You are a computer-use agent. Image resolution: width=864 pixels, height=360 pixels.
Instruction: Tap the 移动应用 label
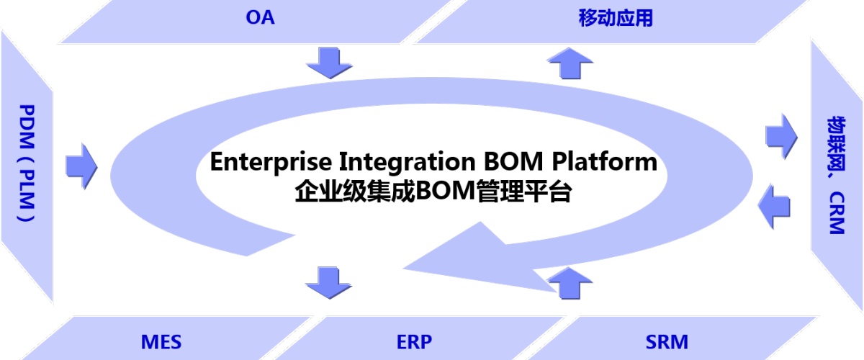616,19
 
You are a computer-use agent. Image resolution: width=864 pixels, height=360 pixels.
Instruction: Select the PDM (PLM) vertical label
27,163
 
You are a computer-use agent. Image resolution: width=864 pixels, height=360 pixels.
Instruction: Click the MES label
161,341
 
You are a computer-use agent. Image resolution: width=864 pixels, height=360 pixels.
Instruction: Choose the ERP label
414,341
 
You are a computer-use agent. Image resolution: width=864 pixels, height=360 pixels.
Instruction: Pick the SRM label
667,341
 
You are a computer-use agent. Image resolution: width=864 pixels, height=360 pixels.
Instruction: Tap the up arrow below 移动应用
570,63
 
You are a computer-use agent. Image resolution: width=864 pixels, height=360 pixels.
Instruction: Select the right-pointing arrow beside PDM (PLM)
81,164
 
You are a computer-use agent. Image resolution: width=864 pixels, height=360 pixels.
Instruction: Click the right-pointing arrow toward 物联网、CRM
780,134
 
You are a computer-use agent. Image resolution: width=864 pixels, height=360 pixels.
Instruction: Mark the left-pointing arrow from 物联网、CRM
775,206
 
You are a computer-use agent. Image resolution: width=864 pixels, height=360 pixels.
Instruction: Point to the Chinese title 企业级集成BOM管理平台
433,192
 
